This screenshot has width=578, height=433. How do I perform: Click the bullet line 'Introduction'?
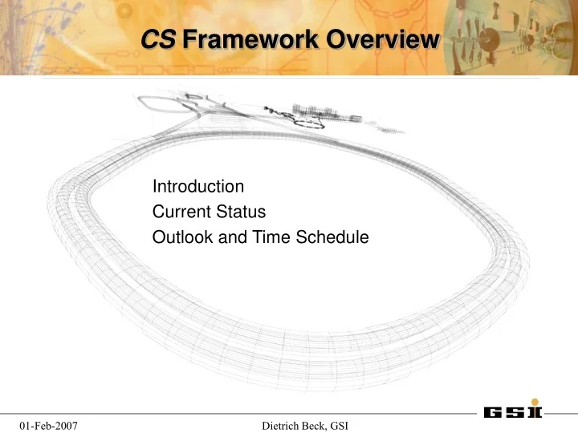pyautogui.click(x=198, y=187)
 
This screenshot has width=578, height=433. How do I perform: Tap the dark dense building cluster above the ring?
pyautogui.click(x=313, y=112)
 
